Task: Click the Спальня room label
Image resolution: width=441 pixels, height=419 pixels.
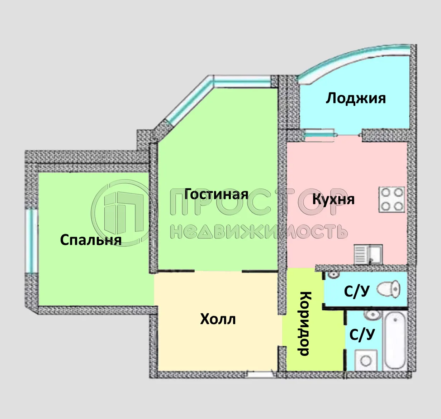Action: pos(91,240)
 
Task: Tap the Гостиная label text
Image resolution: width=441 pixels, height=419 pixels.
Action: pos(216,194)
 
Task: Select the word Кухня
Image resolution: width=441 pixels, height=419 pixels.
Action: pos(333,199)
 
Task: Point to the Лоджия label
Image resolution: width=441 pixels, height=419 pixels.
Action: pos(356,98)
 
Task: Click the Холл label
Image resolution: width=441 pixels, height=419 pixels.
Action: pos(218,319)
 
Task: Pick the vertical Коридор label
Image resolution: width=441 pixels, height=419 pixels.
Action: pos(304,324)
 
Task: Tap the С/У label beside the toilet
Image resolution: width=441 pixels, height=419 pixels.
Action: pos(356,292)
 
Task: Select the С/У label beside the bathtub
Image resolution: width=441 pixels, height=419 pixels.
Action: pos(362,334)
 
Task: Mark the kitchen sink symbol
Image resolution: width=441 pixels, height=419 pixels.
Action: pos(368,254)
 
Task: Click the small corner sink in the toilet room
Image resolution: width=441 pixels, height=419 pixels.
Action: pos(333,275)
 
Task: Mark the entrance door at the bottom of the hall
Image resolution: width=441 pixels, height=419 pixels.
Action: pos(260,374)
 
